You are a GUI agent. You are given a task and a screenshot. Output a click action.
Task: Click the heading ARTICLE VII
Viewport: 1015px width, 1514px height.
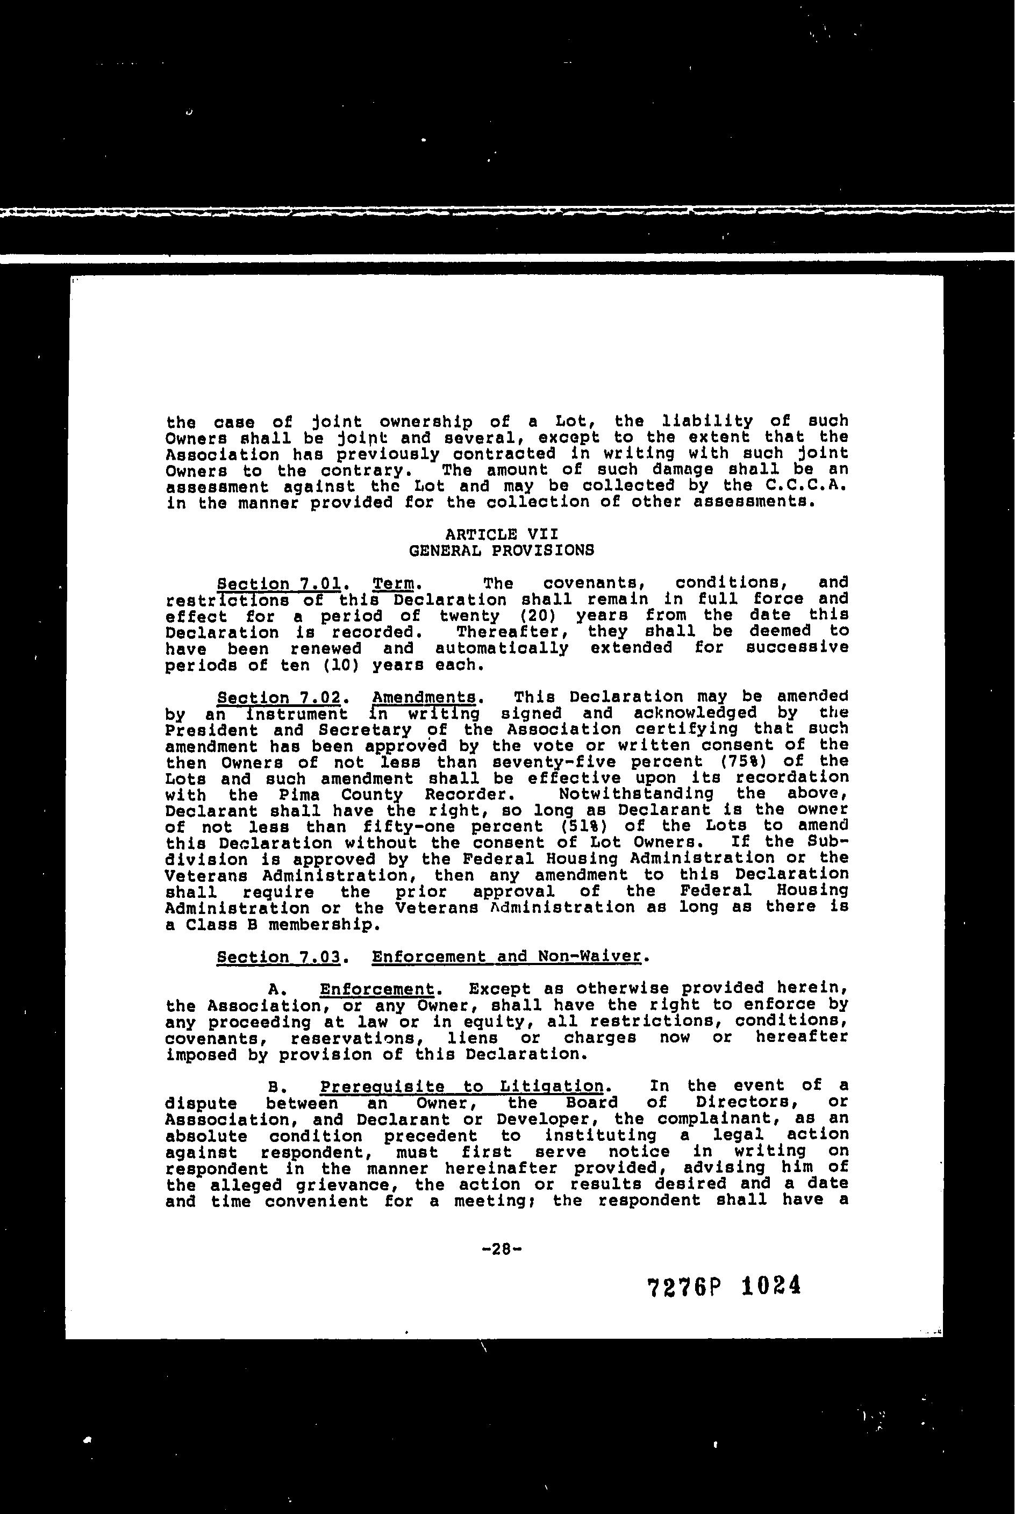click(x=502, y=534)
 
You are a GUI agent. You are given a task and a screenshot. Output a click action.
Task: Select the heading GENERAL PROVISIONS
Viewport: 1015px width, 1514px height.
click(x=502, y=551)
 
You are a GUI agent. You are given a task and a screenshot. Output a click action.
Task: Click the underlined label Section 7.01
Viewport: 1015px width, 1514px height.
click(x=279, y=584)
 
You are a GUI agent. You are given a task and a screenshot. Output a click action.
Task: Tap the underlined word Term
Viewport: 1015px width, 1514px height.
click(x=393, y=584)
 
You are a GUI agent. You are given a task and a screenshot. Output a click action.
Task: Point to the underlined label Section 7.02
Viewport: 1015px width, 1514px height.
click(x=279, y=698)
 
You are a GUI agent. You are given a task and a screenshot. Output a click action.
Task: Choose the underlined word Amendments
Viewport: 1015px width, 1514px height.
click(x=426, y=698)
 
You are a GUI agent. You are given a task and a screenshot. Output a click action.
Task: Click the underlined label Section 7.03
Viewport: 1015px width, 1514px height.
click(x=279, y=956)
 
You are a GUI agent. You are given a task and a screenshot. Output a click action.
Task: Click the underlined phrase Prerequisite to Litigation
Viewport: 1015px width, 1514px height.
click(x=462, y=1086)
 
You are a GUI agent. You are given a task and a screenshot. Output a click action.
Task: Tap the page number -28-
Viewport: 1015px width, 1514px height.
click(x=502, y=1250)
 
